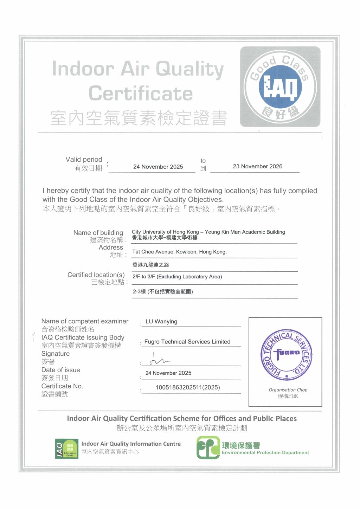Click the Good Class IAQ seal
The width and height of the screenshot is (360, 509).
[280, 87]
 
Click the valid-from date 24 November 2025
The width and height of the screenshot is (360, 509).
[158, 167]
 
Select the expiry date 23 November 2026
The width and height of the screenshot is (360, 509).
[257, 166]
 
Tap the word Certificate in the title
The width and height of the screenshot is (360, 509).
[141, 94]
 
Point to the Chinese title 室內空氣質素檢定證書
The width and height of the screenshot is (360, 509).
[139, 118]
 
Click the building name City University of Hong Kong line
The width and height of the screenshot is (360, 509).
[208, 232]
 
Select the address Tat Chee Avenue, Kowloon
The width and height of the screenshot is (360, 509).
[179, 252]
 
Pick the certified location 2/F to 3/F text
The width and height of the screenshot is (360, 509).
[177, 277]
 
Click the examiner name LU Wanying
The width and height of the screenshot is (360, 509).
[161, 322]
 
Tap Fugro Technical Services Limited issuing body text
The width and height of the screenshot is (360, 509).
[187, 342]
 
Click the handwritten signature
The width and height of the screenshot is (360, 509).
[159, 360]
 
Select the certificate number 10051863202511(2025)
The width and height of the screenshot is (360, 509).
[188, 387]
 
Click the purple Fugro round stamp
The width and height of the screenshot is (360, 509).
[286, 355]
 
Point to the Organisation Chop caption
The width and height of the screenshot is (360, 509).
[288, 390]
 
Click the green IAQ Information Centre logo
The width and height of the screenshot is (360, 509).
[66, 449]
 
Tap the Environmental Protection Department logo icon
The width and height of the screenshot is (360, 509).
[208, 447]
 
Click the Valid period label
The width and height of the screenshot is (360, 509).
[84, 160]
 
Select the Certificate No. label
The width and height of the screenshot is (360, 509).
[62, 386]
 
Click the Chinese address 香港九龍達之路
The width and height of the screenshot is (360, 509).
[150, 265]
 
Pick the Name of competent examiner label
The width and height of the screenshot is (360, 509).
[85, 321]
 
